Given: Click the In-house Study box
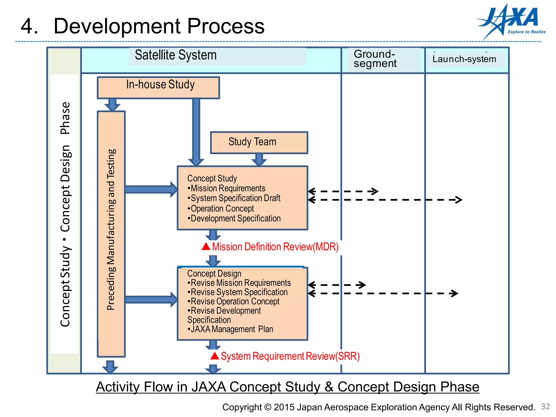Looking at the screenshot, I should [159, 87].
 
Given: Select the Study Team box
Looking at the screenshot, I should [259, 143].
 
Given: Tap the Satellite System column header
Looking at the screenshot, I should [176, 55].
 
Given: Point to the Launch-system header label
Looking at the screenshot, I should [464, 59].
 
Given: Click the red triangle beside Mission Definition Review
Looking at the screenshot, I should [206, 247].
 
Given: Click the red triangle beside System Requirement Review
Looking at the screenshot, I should [215, 356].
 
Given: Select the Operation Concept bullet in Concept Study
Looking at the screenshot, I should [222, 208].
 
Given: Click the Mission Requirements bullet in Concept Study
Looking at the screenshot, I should [228, 188].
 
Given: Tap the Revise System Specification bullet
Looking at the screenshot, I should [239, 292].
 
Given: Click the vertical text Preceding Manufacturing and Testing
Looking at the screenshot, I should [111, 229].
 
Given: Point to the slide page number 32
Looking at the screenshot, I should [545, 406].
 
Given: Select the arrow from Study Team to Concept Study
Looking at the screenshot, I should [259, 160].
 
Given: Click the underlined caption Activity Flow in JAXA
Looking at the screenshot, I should [287, 387].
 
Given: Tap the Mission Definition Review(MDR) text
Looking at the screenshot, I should [275, 247].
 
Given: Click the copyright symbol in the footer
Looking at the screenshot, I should [267, 407].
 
